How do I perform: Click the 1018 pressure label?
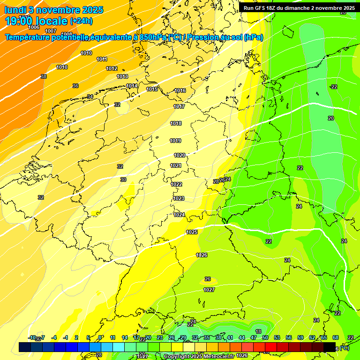coord(176,123)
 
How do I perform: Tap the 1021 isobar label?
coord(176,165)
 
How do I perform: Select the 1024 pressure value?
coord(179,215)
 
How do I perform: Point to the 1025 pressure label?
coord(192,232)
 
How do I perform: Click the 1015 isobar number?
coord(152,89)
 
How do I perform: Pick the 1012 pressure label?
coord(112,68)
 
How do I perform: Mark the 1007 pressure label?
coord(51,31)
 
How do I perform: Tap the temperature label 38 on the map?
coord(44,76)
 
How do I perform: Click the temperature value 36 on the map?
coord(75,86)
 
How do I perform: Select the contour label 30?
coord(123,180)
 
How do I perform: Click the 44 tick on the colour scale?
coord(242,337)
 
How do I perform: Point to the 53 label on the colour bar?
coord(277,337)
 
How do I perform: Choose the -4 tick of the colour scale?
coord(54,337)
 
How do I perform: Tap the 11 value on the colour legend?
coord(112,337)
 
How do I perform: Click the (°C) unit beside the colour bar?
coord(345,348)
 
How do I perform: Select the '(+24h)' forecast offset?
coord(81,21)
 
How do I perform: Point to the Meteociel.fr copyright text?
coord(199,357)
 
